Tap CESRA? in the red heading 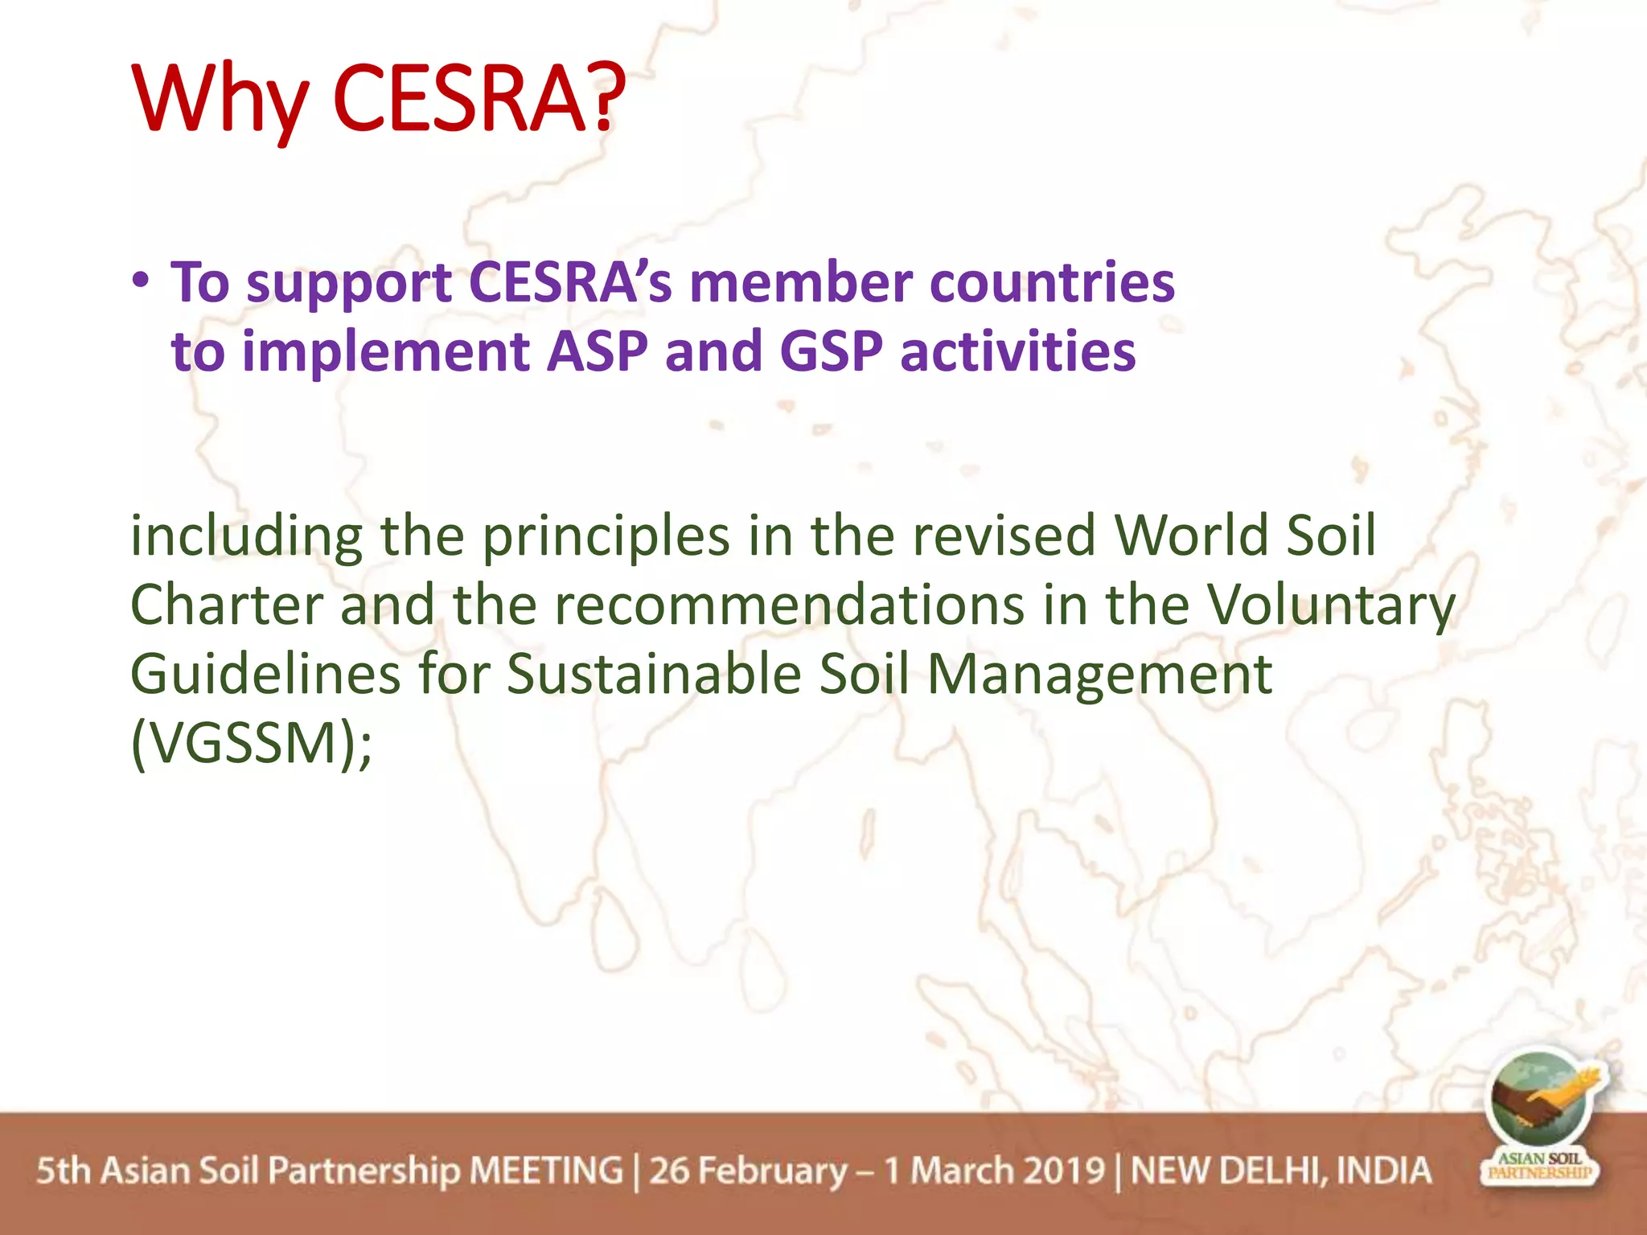[x=478, y=98]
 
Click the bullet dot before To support [x=142, y=281]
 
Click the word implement [x=386, y=351]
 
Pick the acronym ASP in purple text [x=598, y=351]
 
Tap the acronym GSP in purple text [x=831, y=351]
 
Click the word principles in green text [x=606, y=537]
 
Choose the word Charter [x=226, y=605]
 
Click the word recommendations [x=789, y=605]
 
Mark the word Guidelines [x=265, y=674]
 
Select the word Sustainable [x=654, y=674]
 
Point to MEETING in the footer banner [x=546, y=1171]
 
